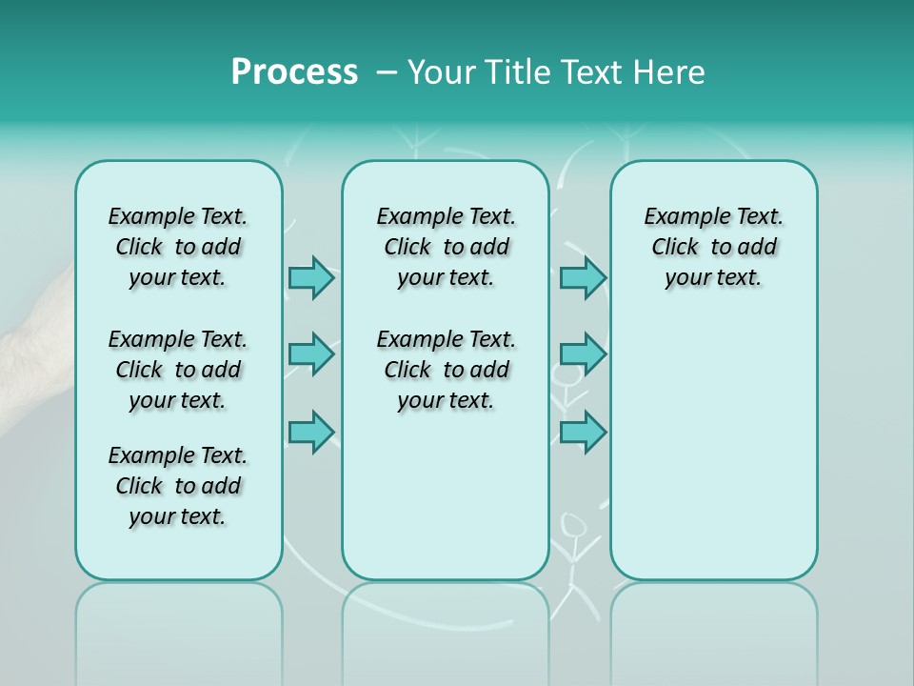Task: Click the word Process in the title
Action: pos(294,72)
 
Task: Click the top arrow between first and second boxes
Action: pos(311,277)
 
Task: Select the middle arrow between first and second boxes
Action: pos(311,354)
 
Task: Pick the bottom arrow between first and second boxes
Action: pos(311,432)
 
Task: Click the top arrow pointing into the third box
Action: pos(583,277)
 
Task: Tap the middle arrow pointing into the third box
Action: pos(583,354)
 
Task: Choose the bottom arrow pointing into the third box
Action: pos(583,432)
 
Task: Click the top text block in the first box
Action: pos(178,247)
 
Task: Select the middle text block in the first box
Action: pos(178,370)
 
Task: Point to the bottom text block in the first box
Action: pos(178,486)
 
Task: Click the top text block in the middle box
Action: pos(446,247)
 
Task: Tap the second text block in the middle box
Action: pos(446,370)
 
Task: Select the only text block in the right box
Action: pos(713,247)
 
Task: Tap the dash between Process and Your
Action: pos(387,72)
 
